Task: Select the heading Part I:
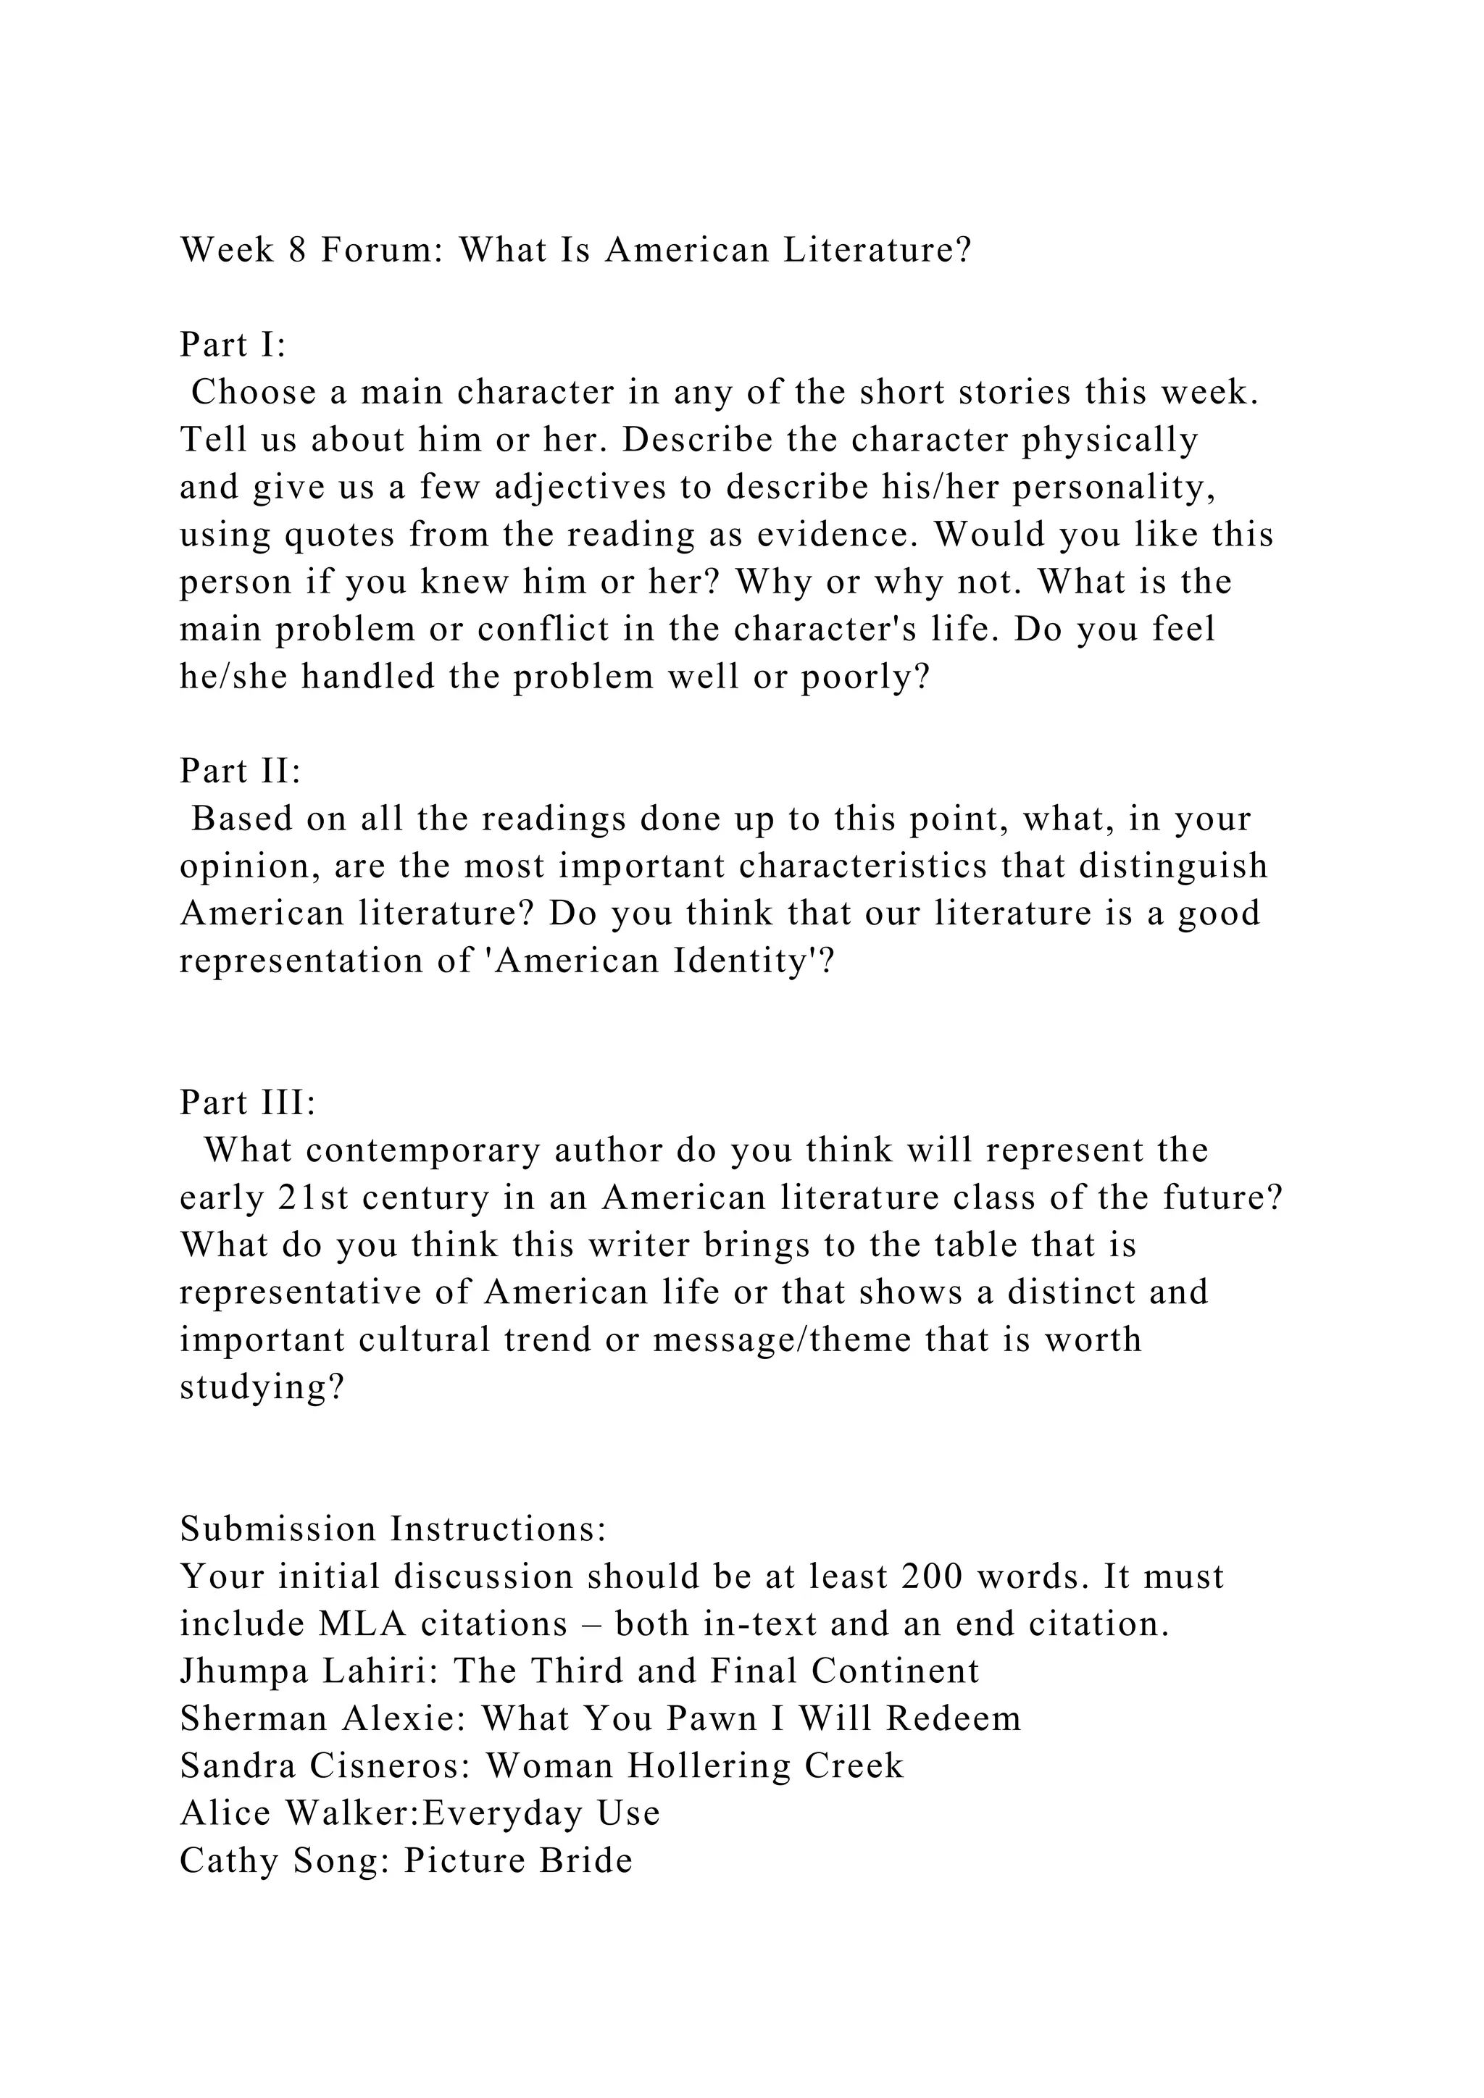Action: click(x=233, y=345)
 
